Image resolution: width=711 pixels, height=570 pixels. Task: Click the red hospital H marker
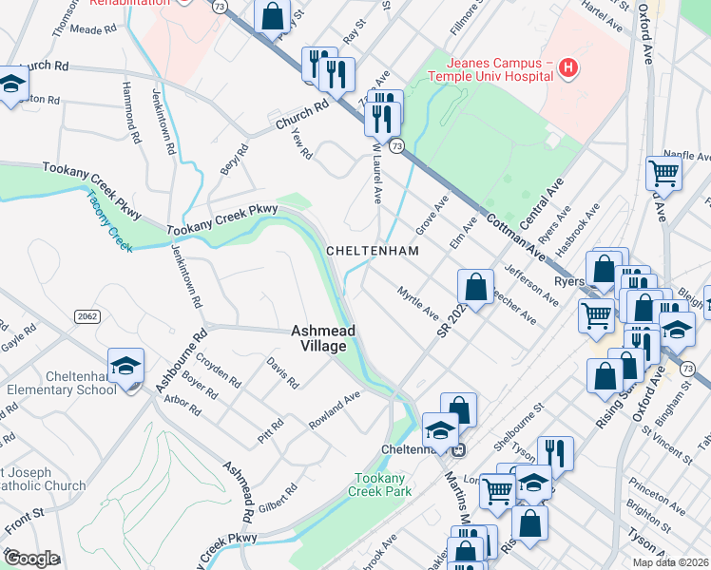coord(567,67)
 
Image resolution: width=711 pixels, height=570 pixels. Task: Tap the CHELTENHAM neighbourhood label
coord(372,251)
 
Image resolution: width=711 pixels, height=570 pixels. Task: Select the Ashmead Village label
coord(323,337)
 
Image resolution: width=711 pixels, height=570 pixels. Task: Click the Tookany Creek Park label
coord(382,484)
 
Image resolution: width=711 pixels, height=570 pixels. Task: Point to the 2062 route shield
coord(86,316)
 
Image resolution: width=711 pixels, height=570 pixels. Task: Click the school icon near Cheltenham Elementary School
coord(126,366)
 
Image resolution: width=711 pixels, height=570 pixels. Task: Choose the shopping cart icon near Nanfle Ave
coord(663,174)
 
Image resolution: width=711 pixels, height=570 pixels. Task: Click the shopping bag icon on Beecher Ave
coord(475,285)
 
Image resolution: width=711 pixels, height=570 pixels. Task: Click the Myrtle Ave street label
coord(418,303)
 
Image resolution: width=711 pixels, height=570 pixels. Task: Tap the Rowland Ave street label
coord(335,409)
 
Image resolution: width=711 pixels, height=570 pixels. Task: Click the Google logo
coord(31,559)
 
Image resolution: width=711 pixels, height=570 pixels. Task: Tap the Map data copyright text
coord(670,562)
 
